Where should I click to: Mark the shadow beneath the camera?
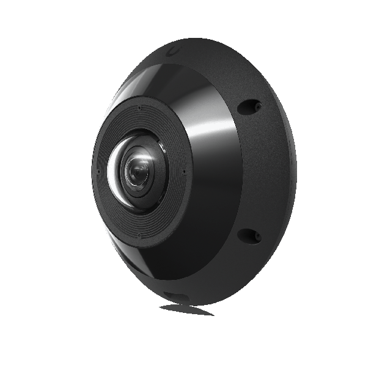pos(186,309)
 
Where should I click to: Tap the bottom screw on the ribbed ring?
pos(139,235)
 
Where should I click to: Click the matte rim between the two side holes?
pos(269,171)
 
